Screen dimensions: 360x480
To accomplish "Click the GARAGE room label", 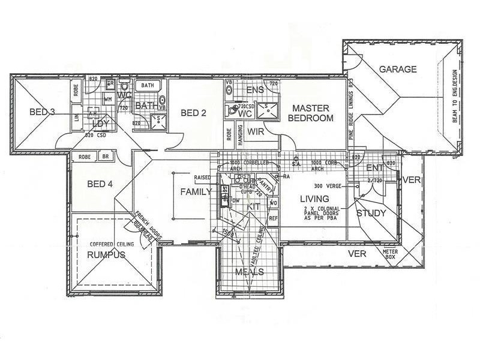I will click(x=397, y=70).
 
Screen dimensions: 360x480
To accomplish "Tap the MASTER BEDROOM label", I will click(x=310, y=113).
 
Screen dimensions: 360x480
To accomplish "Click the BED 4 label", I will click(x=100, y=184).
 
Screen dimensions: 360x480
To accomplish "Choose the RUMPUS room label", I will click(x=105, y=255).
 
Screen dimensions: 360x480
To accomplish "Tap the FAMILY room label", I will click(x=196, y=192).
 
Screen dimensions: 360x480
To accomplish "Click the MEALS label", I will click(x=250, y=272).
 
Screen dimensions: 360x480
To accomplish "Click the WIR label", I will click(x=256, y=131).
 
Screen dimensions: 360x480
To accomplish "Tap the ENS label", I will click(x=255, y=89).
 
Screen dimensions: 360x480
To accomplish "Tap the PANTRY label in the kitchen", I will click(x=266, y=185).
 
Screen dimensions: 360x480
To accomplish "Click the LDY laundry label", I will click(x=100, y=124).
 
